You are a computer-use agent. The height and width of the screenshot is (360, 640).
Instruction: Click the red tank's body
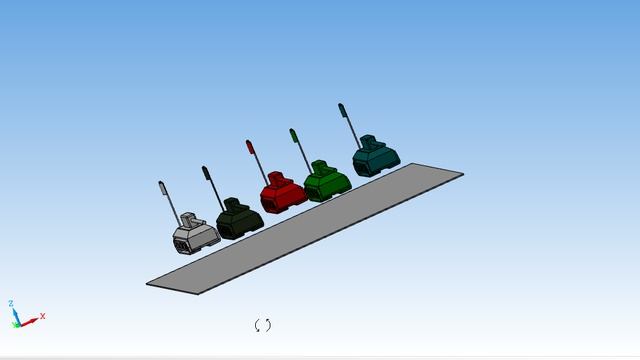point(284,195)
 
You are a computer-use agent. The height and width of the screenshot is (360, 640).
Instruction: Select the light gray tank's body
point(196,236)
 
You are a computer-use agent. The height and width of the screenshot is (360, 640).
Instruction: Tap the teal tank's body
point(376,158)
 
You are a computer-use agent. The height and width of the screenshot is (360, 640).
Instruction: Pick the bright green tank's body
point(328,183)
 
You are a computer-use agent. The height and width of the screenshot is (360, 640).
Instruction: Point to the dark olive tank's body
point(240,220)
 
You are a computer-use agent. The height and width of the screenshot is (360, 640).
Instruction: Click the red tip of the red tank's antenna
point(250,147)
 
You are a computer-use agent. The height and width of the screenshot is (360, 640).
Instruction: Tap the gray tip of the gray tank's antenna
point(162,188)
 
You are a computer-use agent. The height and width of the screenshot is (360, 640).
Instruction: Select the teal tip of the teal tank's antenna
point(342,110)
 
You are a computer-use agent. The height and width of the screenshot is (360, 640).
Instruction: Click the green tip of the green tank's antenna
point(294,136)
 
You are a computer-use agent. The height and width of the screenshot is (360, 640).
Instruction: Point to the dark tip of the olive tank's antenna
point(206,173)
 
